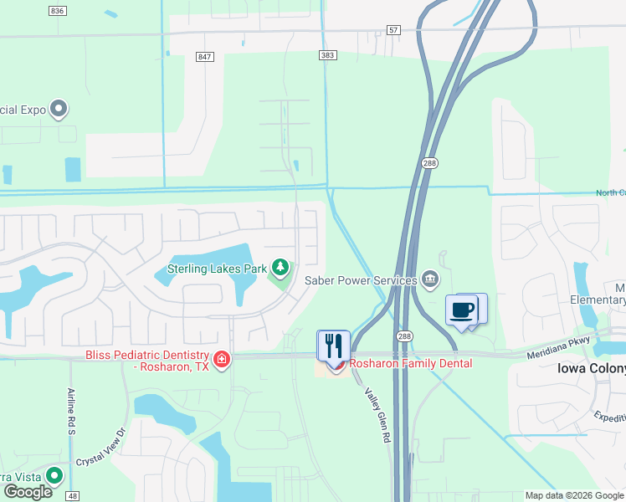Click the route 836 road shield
click(57, 10)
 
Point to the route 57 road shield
click(394, 30)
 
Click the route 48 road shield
click(74, 496)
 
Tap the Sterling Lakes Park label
click(217, 269)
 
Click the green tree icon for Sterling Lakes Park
click(281, 268)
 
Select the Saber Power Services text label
click(360, 280)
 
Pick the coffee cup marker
click(462, 310)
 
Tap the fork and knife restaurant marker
click(332, 345)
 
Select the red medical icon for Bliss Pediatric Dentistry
click(222, 360)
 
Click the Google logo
click(28, 491)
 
